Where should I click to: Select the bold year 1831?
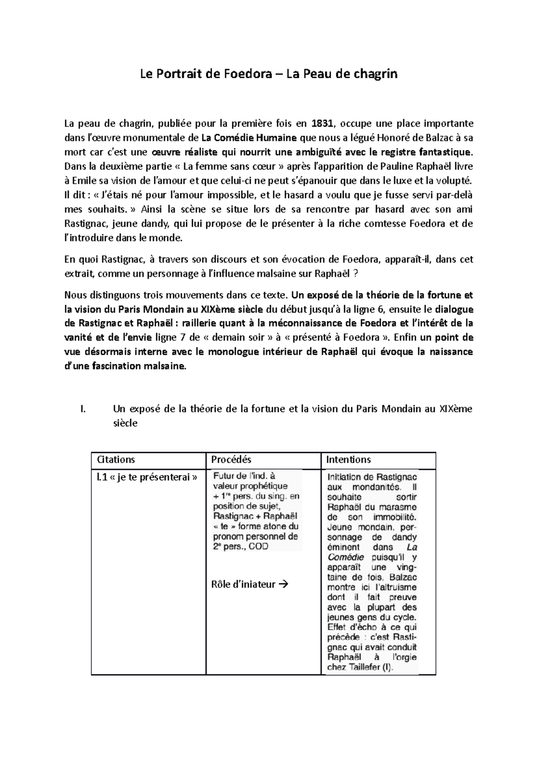coord(322,124)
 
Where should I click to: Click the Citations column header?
coord(116,460)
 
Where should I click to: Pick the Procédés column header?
coord(231,460)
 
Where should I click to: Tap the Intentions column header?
coord(348,460)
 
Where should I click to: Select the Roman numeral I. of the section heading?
coord(81,409)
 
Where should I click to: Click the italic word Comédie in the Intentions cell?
coord(343,557)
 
